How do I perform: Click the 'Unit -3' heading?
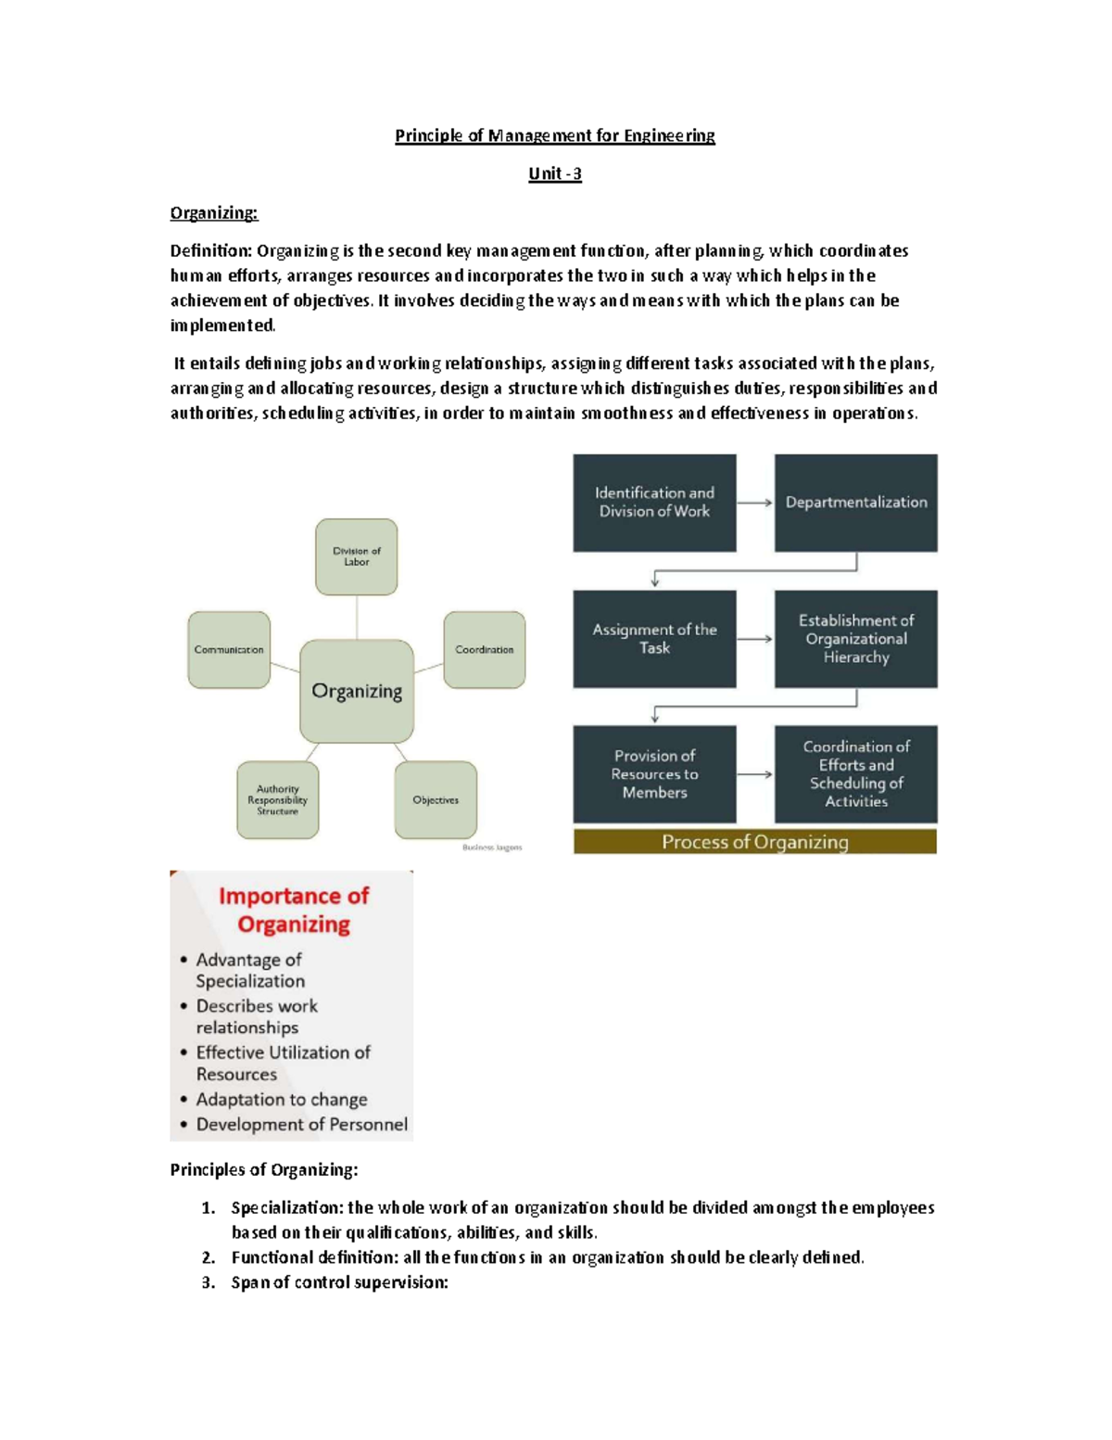pos(554,173)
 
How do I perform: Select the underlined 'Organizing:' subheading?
pos(214,212)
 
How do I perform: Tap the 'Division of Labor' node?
pos(356,556)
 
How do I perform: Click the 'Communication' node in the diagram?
pos(229,649)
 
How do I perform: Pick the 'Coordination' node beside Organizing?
pos(484,649)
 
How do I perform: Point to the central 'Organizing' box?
pos(357,691)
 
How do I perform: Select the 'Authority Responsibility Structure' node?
pos(277,799)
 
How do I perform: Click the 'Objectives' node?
pos(436,799)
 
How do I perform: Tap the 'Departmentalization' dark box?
pos(855,503)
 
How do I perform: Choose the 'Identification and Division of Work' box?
pos(654,503)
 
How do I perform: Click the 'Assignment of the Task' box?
pos(654,639)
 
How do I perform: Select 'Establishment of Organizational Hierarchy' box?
pos(855,639)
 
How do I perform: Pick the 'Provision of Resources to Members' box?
pos(654,774)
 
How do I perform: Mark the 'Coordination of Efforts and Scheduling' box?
pos(855,774)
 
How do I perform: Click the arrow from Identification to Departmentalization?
pos(755,503)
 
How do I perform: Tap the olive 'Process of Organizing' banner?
pos(755,842)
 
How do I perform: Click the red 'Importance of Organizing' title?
pos(293,910)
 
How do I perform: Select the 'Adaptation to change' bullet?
pos(281,1100)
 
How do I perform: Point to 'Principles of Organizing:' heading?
pos(263,1170)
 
